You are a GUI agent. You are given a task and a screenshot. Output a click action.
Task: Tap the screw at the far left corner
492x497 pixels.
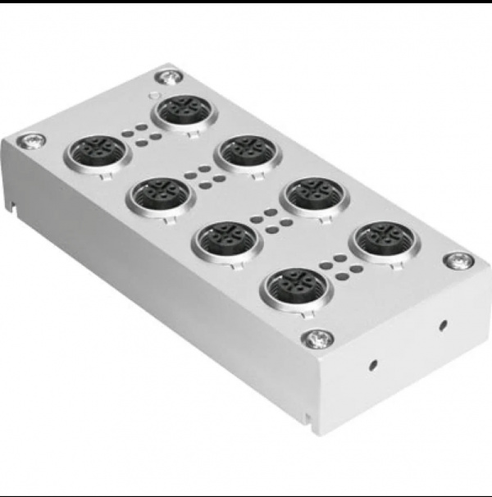(35, 141)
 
